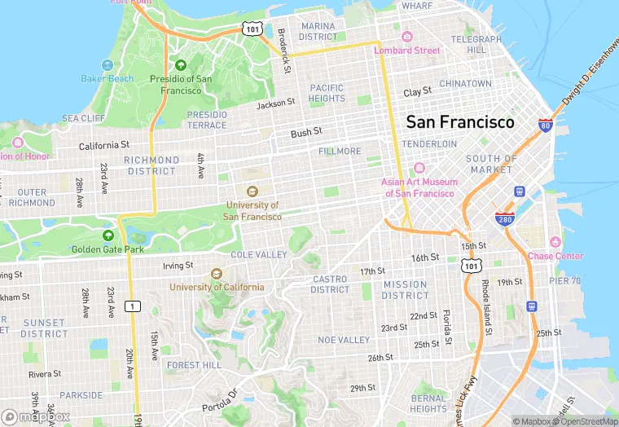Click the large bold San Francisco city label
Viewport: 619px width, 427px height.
pyautogui.click(x=460, y=122)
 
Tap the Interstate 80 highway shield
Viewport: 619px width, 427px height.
pyautogui.click(x=546, y=125)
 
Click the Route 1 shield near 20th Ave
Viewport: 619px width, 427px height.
pyautogui.click(x=130, y=306)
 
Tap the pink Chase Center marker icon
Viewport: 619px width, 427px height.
pyautogui.click(x=555, y=242)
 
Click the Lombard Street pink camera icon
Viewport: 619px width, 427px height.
pyautogui.click(x=407, y=37)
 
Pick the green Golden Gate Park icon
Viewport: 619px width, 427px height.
pyautogui.click(x=108, y=235)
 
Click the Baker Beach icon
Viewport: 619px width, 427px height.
pyautogui.click(x=107, y=64)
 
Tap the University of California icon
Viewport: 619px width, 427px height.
pyautogui.click(x=217, y=274)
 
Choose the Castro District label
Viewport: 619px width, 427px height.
pyautogui.click(x=330, y=284)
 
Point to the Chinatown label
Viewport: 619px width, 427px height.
pyautogui.click(x=465, y=84)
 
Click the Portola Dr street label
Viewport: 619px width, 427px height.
pyautogui.click(x=220, y=397)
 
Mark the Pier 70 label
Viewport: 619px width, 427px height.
pyautogui.click(x=565, y=280)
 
